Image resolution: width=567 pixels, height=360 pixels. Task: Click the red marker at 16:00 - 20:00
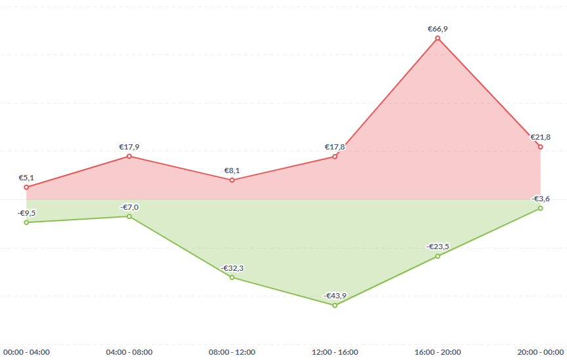click(x=438, y=39)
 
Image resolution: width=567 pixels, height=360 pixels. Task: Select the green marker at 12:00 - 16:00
click(x=335, y=305)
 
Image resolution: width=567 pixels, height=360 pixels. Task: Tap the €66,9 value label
click(x=438, y=29)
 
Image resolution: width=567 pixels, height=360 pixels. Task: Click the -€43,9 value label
click(x=335, y=296)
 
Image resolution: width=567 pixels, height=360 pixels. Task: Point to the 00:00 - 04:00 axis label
click(x=26, y=352)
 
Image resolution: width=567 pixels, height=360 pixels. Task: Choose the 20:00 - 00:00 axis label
click(x=541, y=352)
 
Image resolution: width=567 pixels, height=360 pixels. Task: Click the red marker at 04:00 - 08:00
click(x=129, y=156)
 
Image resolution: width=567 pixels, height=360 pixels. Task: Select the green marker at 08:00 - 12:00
click(x=232, y=277)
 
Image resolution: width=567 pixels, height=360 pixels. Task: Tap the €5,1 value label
click(x=26, y=178)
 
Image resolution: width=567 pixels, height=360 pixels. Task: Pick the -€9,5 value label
click(x=26, y=213)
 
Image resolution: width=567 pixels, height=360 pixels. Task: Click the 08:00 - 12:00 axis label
click(x=232, y=352)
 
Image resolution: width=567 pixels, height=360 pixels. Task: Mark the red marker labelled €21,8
click(x=540, y=147)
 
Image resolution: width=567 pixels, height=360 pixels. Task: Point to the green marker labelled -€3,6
click(x=540, y=208)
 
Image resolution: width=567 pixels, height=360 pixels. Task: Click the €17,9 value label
click(x=129, y=147)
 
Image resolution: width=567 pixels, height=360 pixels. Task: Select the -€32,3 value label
click(x=232, y=268)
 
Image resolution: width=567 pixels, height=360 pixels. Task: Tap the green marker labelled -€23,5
click(x=438, y=256)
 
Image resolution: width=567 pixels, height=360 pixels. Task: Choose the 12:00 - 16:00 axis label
click(x=335, y=352)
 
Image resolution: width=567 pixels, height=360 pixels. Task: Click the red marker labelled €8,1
click(x=232, y=180)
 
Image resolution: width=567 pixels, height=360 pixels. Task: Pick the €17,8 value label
click(x=335, y=147)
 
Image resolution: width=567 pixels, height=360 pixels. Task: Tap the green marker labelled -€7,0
click(x=129, y=216)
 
